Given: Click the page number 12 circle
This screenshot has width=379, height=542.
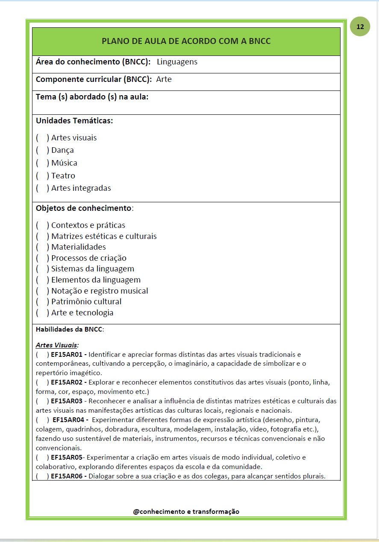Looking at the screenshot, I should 360,27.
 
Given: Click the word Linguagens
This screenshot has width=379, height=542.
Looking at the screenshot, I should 177,62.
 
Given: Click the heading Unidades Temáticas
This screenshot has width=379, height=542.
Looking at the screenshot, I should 74,121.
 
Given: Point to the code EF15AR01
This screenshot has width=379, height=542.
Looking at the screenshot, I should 68,354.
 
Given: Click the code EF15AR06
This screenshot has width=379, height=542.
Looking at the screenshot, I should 68,476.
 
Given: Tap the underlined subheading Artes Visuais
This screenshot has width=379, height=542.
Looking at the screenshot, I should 57,345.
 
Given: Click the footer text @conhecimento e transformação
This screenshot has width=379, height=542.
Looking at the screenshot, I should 186,511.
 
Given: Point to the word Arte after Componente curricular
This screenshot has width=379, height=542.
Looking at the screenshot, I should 164,79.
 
